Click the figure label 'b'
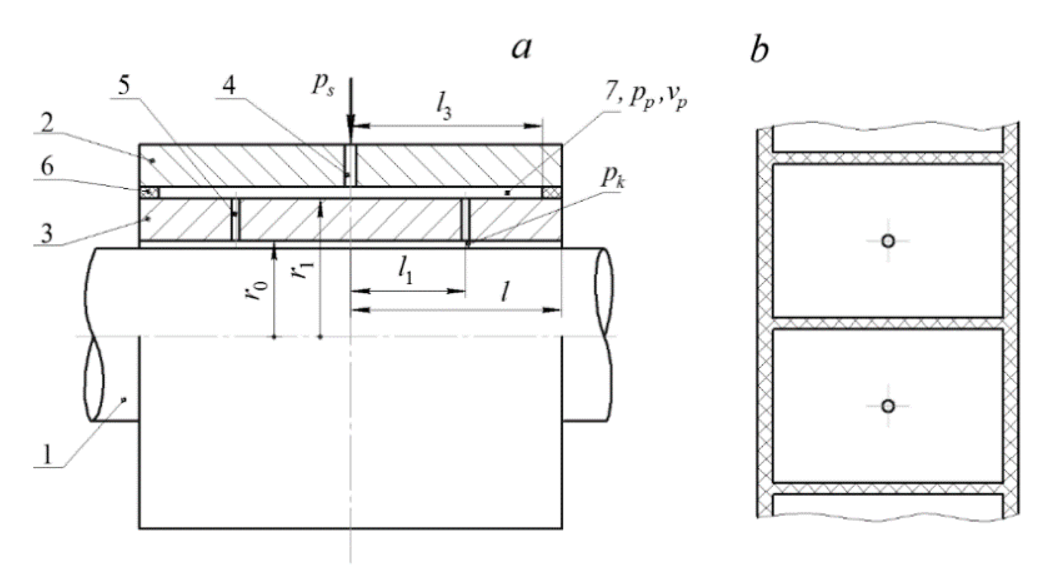(x=759, y=50)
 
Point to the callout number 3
(x=47, y=234)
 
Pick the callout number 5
(x=124, y=86)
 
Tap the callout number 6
(x=47, y=167)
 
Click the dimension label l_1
(x=406, y=274)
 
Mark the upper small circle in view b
(x=888, y=241)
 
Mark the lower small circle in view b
(x=888, y=406)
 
